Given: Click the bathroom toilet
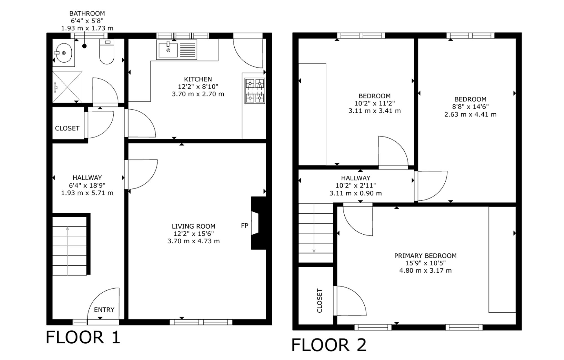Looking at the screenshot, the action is [107, 52].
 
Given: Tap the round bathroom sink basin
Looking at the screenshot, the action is [64, 53].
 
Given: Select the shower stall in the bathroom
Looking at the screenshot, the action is [67, 87].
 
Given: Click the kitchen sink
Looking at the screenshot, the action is [168, 50].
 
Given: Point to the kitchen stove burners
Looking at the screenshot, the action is [255, 91].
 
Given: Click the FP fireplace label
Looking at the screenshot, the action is [244, 226].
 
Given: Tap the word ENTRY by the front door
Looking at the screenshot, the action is [104, 310].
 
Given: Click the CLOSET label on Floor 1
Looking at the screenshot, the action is [67, 128].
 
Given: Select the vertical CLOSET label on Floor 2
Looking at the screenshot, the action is [320, 301].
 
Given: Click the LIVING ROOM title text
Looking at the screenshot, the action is [193, 226].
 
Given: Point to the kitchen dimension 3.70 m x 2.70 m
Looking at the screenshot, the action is [198, 94].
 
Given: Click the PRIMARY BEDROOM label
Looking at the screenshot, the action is [425, 256].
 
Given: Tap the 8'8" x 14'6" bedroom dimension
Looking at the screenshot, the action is [470, 107].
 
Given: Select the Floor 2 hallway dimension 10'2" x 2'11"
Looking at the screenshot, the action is [356, 185].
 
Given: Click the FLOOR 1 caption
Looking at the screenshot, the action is [83, 337].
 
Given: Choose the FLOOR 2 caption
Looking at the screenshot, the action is [329, 345].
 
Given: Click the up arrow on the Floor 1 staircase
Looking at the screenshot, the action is [67, 251].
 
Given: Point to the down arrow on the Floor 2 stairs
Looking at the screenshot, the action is [314, 228].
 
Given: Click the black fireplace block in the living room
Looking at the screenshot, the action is [258, 223].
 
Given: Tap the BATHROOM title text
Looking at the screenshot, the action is [87, 14].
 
